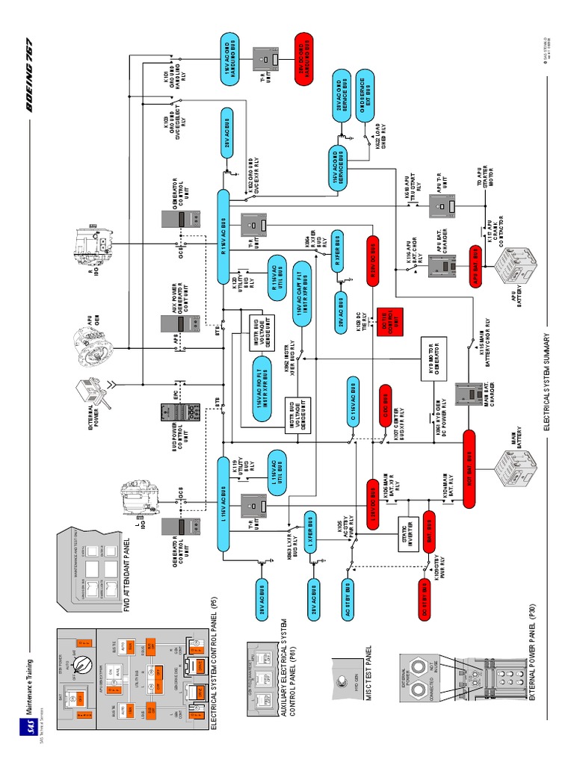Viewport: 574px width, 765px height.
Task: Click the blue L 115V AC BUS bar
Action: click(x=224, y=504)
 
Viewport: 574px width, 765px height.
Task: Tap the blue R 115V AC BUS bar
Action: click(x=224, y=236)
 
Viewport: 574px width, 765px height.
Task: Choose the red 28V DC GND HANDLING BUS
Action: click(x=305, y=58)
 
